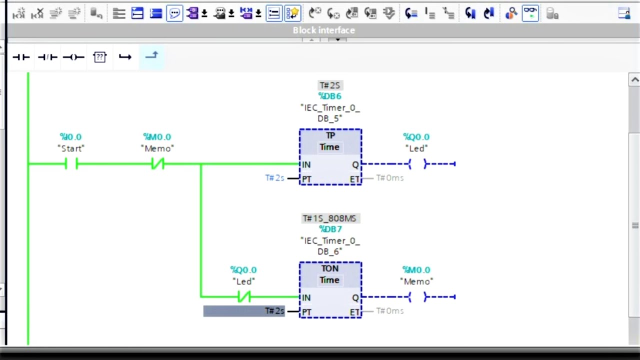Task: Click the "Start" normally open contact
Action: pos(71,163)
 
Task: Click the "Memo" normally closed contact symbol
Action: pos(157,163)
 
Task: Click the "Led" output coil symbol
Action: pos(416,163)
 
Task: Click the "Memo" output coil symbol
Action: pos(416,297)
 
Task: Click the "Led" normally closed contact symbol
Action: pos(243,297)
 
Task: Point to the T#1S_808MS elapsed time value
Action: pos(329,218)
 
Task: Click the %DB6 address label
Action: pos(329,96)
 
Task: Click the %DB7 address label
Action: pos(330,229)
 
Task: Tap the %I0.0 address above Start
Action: pos(70,136)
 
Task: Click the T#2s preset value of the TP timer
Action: pos(274,178)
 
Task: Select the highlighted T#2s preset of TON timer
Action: pos(274,311)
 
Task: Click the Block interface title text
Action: pos(324,30)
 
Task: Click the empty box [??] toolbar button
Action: pos(100,57)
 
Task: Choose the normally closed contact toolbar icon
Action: pos(47,57)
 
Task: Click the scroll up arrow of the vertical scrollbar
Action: pos(634,80)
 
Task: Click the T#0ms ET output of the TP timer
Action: pos(389,178)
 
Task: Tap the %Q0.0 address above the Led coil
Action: pos(416,136)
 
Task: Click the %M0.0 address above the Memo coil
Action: pos(416,270)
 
